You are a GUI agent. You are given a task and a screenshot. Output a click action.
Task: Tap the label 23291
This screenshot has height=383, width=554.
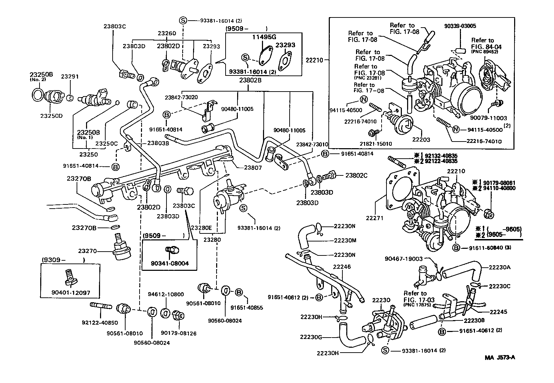[x=70, y=76]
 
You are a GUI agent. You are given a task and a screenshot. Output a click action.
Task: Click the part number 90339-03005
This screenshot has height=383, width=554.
[x=460, y=26]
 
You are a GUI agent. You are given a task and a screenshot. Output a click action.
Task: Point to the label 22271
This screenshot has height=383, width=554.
[x=375, y=218]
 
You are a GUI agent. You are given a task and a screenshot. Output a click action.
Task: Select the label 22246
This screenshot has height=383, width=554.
[x=342, y=267]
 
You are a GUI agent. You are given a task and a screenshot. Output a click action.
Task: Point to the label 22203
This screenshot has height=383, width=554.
[x=421, y=140]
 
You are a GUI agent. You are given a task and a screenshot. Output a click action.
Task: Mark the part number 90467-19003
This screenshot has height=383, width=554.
[x=404, y=259]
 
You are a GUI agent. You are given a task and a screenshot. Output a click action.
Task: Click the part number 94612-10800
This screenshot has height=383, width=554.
[x=166, y=294]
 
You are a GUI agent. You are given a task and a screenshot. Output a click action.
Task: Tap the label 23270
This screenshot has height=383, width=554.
[x=87, y=251]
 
